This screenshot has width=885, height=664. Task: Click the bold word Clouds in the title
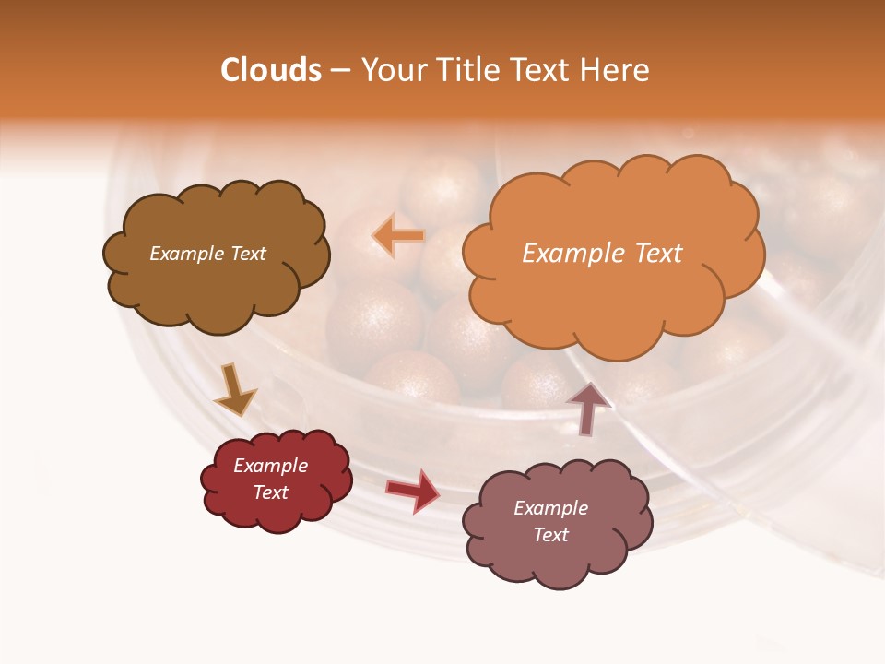click(x=271, y=70)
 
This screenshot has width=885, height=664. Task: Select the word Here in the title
click(x=616, y=70)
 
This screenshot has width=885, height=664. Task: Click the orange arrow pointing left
click(x=398, y=236)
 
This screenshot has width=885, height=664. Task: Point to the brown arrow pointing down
click(x=235, y=391)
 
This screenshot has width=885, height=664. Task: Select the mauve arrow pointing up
click(x=589, y=407)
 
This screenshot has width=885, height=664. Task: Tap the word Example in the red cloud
click(x=270, y=466)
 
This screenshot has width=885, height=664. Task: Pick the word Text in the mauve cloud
click(x=550, y=535)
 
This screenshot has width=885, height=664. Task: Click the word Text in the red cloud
click(x=270, y=492)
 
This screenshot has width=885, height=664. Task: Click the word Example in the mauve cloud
click(x=550, y=508)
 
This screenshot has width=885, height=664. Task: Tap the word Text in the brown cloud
click(x=247, y=254)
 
